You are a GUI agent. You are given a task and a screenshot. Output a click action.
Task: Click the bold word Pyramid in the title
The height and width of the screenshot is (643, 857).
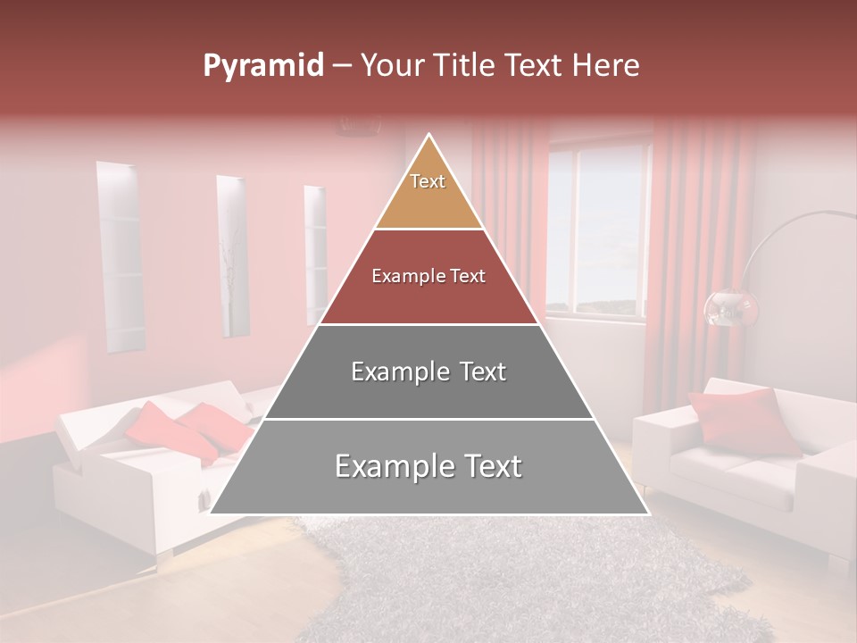[x=262, y=66]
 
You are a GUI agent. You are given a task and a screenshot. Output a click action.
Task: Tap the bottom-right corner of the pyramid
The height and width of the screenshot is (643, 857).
[x=647, y=513]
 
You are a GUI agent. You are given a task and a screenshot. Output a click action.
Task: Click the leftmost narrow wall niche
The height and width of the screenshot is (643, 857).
[x=120, y=259]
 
